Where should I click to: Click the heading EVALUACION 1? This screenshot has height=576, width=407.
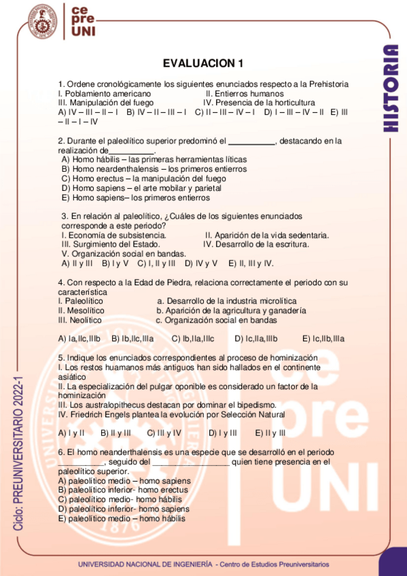[203, 63]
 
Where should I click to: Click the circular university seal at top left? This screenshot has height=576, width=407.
[41, 22]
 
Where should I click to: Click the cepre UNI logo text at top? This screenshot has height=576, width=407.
[84, 21]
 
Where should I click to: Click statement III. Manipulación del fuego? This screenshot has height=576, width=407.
[106, 103]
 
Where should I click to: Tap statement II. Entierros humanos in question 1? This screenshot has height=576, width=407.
[245, 93]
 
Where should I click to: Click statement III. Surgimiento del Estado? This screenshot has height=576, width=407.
[111, 244]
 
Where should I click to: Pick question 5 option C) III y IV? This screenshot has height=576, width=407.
[164, 432]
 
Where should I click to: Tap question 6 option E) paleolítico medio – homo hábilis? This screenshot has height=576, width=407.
[122, 518]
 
